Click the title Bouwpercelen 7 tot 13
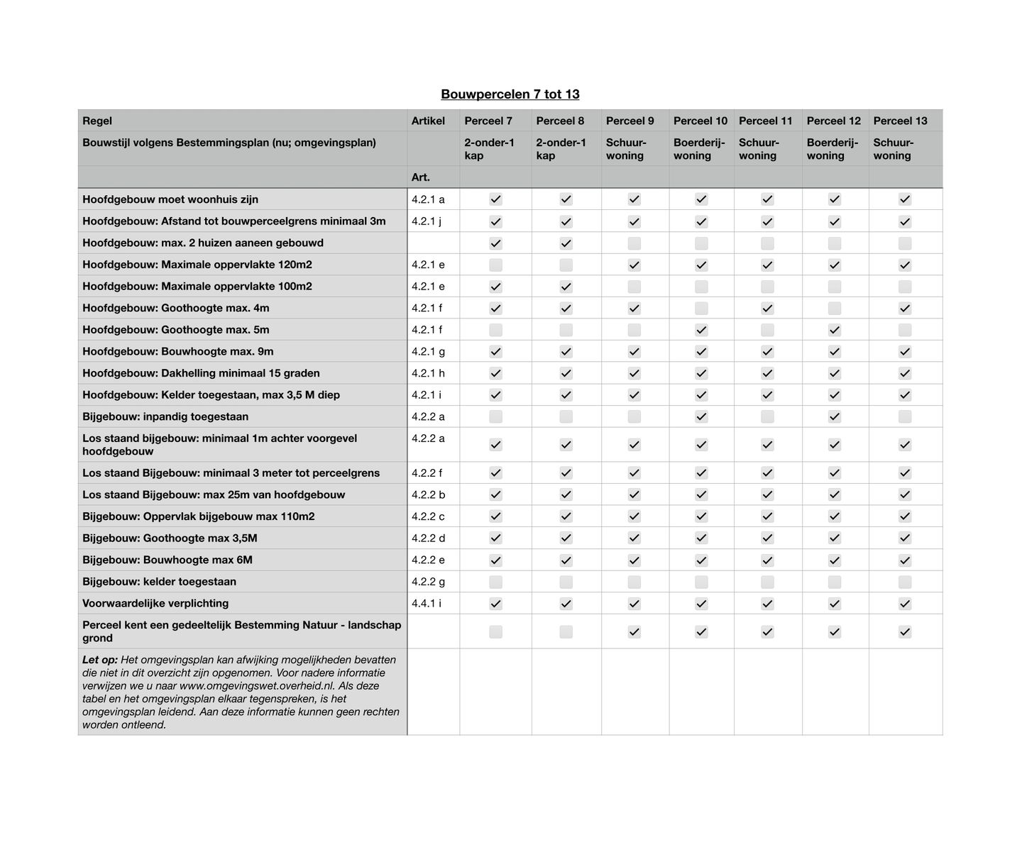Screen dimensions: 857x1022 510,94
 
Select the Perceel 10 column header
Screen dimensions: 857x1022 700,121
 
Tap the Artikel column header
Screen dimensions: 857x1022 428,121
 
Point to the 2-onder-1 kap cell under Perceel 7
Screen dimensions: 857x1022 489,149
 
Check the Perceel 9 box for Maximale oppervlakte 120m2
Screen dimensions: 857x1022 634,265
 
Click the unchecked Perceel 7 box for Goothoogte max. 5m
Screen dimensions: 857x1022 495,330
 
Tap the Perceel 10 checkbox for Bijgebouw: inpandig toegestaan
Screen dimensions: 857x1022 701,416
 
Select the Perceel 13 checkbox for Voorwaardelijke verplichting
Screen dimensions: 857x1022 904,604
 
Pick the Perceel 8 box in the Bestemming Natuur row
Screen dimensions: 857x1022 566,631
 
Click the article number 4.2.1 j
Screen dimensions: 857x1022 426,221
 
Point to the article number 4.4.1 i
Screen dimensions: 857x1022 426,604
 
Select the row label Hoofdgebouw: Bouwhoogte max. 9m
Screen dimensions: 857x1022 177,352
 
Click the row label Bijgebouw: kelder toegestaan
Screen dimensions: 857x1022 159,582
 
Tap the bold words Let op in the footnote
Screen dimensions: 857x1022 99,660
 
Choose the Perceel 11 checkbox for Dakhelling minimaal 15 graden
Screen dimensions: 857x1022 767,373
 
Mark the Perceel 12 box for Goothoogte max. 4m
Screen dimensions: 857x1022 834,308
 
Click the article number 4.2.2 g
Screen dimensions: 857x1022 428,582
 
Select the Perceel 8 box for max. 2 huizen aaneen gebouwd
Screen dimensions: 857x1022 566,243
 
